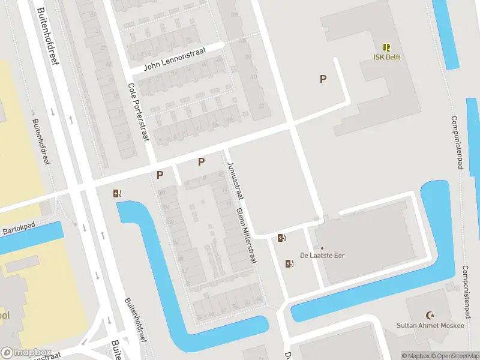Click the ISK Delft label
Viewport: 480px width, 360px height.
point(386,58)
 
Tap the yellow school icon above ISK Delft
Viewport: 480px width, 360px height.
point(386,47)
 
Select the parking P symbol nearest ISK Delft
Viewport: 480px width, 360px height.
point(323,79)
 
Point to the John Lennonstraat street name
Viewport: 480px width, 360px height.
point(175,59)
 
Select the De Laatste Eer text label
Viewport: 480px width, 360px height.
point(322,256)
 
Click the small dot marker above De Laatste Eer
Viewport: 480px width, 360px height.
point(322,248)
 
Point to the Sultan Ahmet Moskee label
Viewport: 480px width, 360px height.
point(430,325)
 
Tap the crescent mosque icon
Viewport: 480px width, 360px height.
point(430,315)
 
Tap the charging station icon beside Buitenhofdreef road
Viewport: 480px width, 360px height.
point(117,193)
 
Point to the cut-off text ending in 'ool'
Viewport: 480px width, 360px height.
point(5,315)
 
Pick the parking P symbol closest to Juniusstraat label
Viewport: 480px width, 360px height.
point(201,161)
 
